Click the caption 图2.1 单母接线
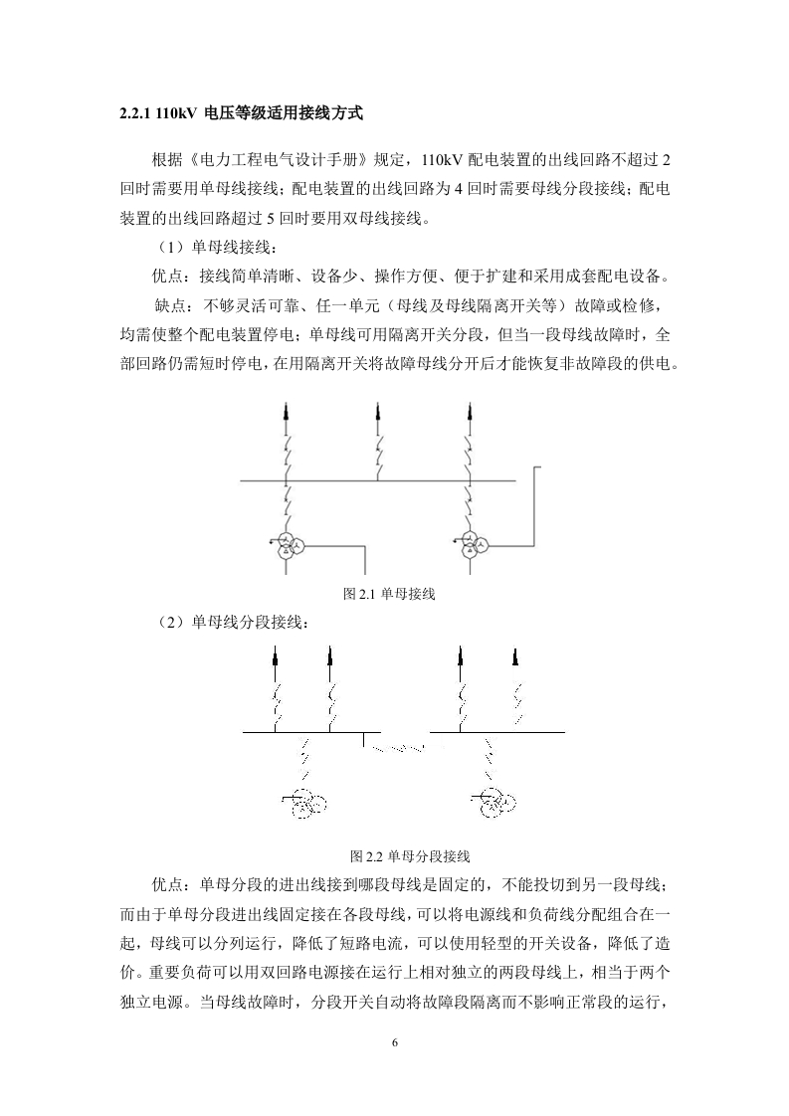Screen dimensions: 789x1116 click(389, 594)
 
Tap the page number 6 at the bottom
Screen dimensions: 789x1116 click(395, 1042)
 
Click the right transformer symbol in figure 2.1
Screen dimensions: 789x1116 click(470, 545)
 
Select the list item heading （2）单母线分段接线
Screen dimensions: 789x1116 click(232, 623)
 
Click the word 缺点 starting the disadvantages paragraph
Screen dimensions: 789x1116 click(169, 306)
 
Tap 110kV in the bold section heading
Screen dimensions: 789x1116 click(175, 112)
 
